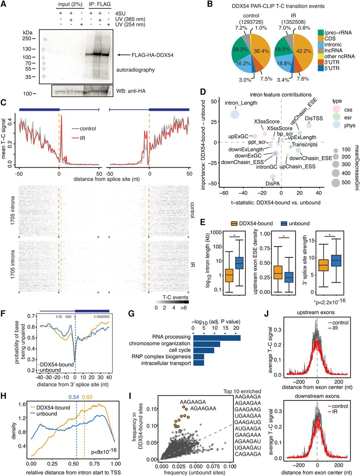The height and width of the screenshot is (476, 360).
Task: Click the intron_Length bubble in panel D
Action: (x=235, y=114)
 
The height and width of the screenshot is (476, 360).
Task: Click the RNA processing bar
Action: (x=217, y=337)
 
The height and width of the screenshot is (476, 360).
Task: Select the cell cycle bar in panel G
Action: (x=204, y=350)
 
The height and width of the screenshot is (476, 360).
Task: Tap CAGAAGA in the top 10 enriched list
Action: (x=248, y=454)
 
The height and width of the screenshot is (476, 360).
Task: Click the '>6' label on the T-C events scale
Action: (x=184, y=308)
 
